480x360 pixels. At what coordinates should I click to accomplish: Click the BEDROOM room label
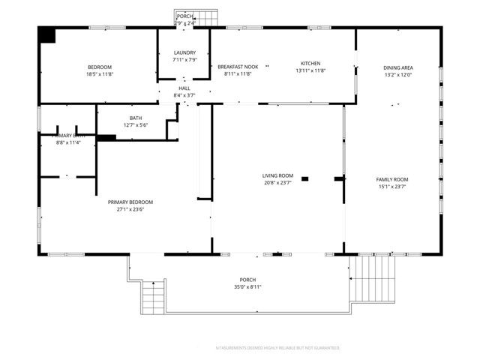tap(100, 67)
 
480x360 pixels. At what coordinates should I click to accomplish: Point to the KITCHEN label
tap(310, 63)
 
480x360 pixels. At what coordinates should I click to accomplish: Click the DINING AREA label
tap(398, 67)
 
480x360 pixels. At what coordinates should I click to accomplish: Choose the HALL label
tap(184, 88)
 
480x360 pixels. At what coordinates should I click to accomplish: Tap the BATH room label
tap(136, 118)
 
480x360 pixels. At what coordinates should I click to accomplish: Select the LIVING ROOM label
tap(277, 175)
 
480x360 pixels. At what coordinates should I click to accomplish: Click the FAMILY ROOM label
tap(391, 179)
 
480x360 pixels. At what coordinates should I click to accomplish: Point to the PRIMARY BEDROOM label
tap(130, 202)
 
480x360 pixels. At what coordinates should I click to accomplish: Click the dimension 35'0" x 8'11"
tap(247, 286)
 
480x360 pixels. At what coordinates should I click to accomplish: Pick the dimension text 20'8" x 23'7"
tap(277, 183)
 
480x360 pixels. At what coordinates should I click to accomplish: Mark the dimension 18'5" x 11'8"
tap(100, 74)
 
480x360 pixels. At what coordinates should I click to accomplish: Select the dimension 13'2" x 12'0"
tap(398, 74)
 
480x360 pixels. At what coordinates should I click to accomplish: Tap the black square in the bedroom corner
tap(47, 34)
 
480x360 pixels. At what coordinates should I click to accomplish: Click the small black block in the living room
tap(304, 178)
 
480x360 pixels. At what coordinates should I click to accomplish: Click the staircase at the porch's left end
tap(153, 298)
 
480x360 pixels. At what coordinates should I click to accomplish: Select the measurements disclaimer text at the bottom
tap(277, 348)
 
